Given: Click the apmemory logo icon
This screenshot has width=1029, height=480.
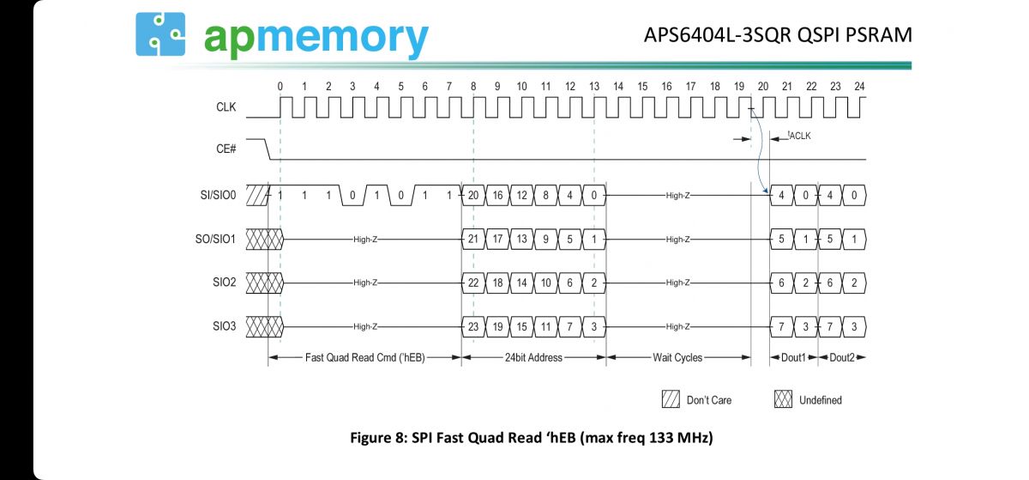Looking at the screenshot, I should point(160,34).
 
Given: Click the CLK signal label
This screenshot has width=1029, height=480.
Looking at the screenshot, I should point(226,108).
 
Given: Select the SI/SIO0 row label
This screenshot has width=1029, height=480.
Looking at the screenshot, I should point(218,195).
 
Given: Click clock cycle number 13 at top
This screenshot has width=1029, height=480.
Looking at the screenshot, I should point(594,86).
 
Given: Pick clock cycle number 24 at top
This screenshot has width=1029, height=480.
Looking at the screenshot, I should point(859,86).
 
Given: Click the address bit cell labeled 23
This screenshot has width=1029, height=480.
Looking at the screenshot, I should point(473,326).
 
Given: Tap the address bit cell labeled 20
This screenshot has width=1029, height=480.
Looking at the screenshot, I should point(473,195).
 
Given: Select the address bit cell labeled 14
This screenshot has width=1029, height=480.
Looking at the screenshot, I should point(521,283).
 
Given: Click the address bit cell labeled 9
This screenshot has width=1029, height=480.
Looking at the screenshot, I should point(545,239).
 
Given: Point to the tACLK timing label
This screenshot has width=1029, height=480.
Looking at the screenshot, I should point(799,135).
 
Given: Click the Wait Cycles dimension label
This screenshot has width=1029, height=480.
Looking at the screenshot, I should point(677,357).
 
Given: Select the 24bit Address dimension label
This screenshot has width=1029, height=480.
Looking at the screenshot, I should point(533,357).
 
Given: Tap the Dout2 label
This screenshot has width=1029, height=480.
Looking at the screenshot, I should point(841,357).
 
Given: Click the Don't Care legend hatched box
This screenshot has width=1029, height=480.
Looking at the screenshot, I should point(670,399).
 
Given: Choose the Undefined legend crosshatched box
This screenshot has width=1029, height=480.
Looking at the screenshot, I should point(782,399).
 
